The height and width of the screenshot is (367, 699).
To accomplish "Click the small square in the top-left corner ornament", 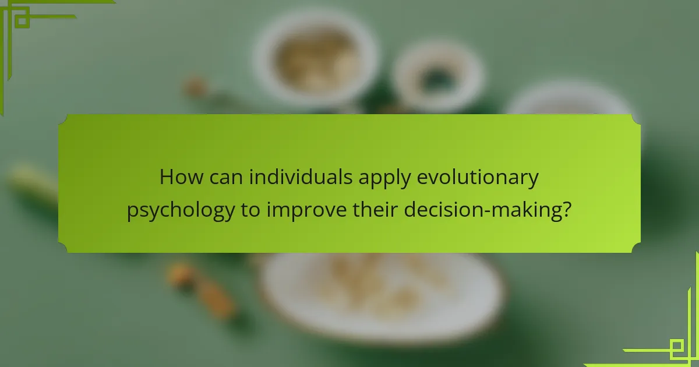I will [x=22, y=21].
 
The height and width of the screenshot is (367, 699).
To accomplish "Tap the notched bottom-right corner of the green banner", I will [x=636, y=248].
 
